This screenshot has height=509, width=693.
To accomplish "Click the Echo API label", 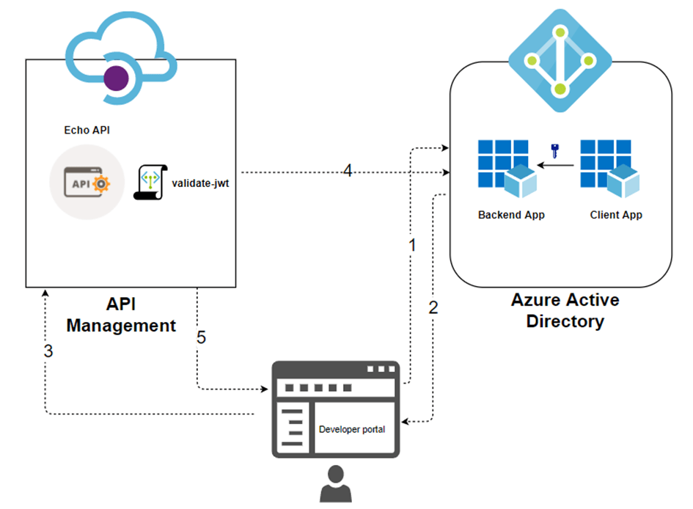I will (87, 131).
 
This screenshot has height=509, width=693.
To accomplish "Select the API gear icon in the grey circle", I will (87, 183).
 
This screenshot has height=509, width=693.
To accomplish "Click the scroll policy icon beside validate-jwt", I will (150, 183).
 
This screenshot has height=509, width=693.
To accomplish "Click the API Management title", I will (121, 315).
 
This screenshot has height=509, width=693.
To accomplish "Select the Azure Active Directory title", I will (565, 311).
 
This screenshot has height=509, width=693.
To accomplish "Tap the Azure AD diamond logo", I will (561, 62).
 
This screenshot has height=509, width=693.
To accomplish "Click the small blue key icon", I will (555, 152).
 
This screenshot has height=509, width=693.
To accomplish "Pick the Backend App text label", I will (511, 215).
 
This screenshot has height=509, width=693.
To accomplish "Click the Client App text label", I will (616, 215).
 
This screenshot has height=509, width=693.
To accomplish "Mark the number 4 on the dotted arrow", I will (348, 171).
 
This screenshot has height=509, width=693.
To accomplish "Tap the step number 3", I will (48, 351).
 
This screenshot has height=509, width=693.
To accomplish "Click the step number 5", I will (201, 338).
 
